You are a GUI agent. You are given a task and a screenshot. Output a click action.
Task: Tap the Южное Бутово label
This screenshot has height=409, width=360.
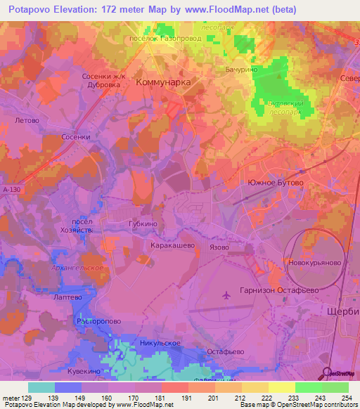tap(276, 183)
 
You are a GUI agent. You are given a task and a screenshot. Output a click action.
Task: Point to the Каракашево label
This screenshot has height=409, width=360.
tap(171, 247)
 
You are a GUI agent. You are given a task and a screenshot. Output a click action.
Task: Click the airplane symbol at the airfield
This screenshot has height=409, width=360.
tap(225, 296)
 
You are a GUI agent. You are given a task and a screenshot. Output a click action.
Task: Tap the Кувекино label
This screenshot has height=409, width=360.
tap(86, 371)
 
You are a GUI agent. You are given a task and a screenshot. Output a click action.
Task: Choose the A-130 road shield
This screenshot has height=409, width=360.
tap(11, 190)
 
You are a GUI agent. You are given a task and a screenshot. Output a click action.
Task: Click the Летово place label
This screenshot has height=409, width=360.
tap(25, 120)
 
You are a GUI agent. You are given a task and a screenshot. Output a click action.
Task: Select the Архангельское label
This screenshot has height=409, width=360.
tap(78, 268)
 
